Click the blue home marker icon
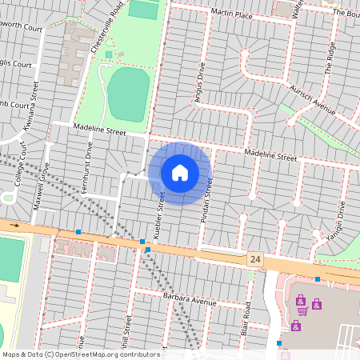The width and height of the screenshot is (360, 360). pyautogui.click(x=180, y=173)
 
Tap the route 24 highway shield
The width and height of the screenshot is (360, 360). pyautogui.click(x=255, y=259)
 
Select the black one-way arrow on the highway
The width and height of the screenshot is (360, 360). pyautogui.click(x=14, y=226)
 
